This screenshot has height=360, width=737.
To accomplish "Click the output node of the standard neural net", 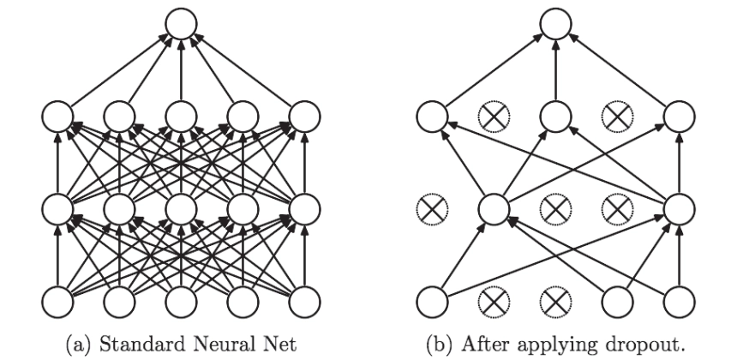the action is coord(182,23).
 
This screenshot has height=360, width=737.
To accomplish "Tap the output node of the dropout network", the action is coord(555,23).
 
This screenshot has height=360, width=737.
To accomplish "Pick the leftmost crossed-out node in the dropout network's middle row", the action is coord(432,208).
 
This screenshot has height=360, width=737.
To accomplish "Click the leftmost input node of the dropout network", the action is coord(432,302).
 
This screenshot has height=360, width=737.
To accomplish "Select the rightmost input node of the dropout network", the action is coord(680,302).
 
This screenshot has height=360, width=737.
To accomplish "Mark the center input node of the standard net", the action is coord(182,302).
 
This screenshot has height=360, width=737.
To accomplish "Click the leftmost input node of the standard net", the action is coord(57,302).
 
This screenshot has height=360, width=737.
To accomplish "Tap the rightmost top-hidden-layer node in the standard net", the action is coord(304,116).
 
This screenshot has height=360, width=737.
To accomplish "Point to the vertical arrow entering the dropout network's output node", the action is coord(555,69).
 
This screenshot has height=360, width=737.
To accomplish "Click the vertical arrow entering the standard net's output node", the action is coord(182,69).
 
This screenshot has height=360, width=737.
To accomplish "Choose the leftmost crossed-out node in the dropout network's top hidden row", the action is coord(494,116).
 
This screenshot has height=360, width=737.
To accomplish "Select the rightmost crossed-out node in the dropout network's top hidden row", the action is coord(618,116).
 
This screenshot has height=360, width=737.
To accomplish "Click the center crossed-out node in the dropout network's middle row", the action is coord(555,208).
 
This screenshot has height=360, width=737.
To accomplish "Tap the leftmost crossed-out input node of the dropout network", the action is coord(494,302).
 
